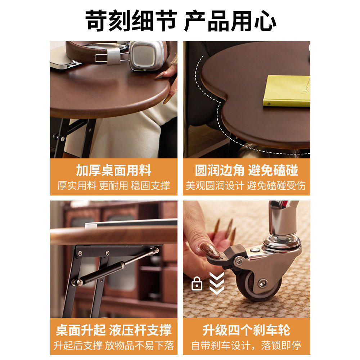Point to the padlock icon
(x=197, y=284)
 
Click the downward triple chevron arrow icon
(x=217, y=283)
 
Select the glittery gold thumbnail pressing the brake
(x=210, y=250)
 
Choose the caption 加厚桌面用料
(x=113, y=170)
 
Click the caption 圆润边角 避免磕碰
(x=246, y=170)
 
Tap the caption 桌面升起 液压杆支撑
(x=113, y=330)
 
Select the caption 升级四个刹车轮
(x=246, y=330)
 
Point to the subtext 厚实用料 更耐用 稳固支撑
(x=113, y=186)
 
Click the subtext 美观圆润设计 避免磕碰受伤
(x=246, y=186)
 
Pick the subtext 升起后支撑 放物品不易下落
(x=113, y=346)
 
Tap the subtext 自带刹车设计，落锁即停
(x=246, y=346)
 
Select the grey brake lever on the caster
(x=225, y=254)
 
